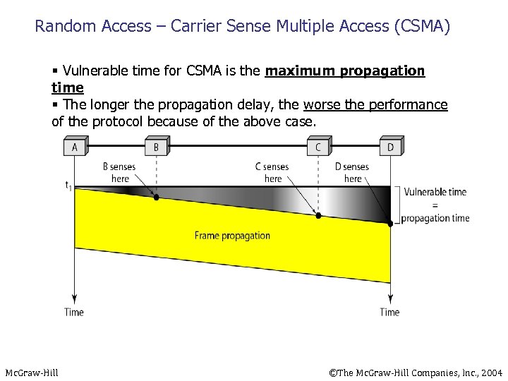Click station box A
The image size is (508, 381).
pos(74,147)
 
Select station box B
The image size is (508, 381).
pos(156,147)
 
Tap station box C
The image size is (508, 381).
pos(318,147)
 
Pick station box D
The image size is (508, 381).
pos(390,147)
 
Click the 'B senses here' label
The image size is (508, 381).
pos(119,173)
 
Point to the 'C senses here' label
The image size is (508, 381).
pos(272,173)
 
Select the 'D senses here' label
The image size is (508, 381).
pos(352,173)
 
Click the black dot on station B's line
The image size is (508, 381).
pos(157,198)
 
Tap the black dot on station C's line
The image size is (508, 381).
pos(318,215)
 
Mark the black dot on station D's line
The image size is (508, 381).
pos(390,223)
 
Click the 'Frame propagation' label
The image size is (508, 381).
pos(232,236)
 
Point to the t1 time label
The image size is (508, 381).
pos(68,186)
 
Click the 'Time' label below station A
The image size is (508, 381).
pos(74,312)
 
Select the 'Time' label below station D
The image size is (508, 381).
pos(389,312)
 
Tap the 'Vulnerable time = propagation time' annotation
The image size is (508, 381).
pos(435,205)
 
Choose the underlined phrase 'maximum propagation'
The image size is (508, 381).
pos(345,71)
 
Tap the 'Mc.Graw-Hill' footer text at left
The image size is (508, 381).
pos(32,372)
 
